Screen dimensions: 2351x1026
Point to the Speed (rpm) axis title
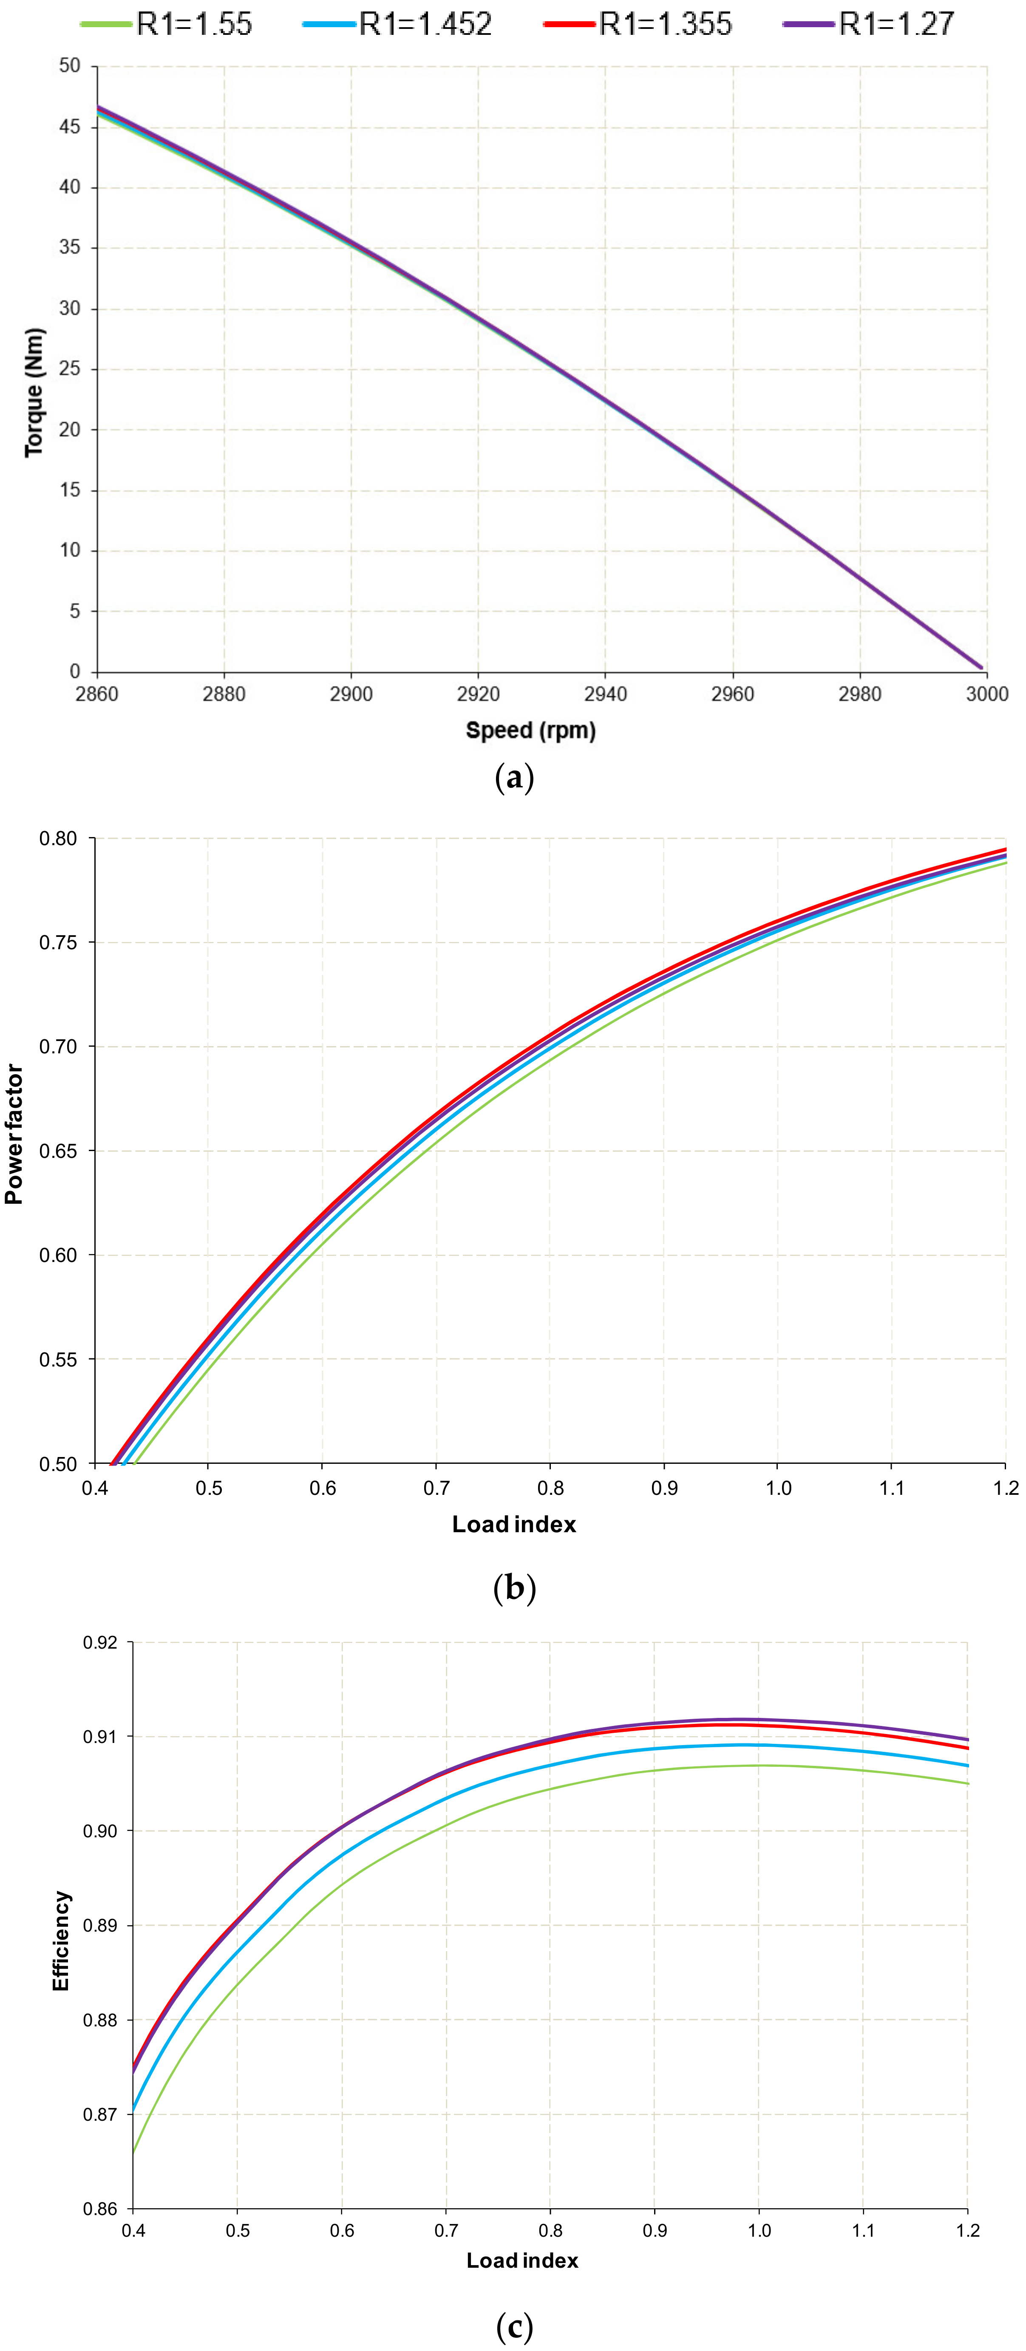click(530, 730)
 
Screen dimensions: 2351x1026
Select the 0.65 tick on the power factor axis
click(58, 1151)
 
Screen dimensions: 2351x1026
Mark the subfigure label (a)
click(514, 778)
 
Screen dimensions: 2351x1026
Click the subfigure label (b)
click(514, 1588)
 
